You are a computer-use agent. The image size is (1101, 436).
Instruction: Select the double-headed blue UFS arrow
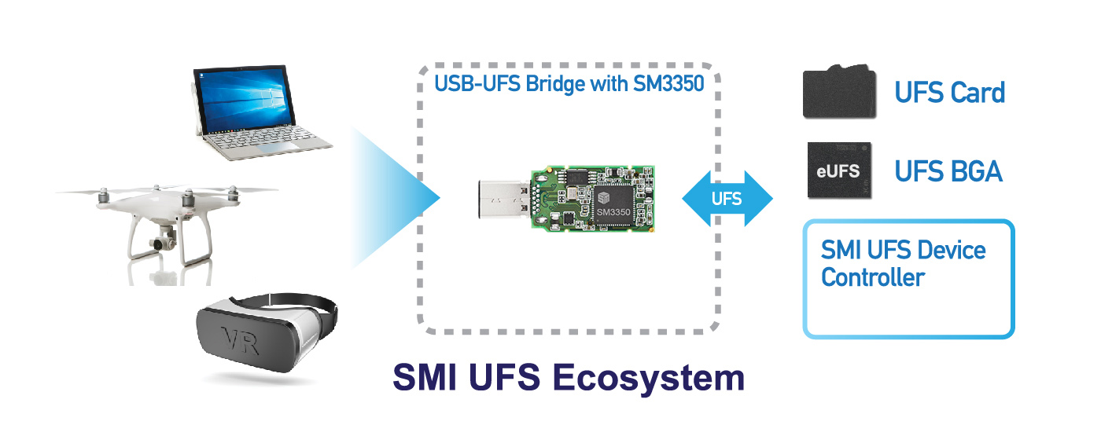727,200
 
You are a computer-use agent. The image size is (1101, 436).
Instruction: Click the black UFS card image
839,93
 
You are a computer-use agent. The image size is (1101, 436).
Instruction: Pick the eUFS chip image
839,170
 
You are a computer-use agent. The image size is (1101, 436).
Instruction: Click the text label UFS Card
949,93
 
